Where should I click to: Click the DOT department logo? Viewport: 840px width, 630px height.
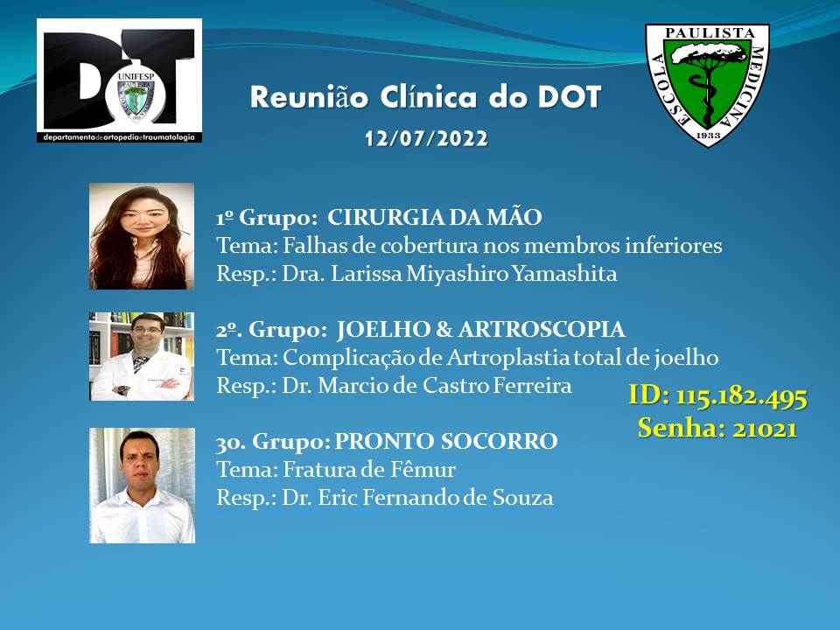pyautogui.click(x=120, y=80)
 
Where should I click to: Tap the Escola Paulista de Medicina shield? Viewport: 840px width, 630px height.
pyautogui.click(x=707, y=85)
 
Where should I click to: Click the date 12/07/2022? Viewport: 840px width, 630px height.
pyautogui.click(x=426, y=139)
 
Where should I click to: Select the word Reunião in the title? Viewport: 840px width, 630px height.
pyautogui.click(x=310, y=97)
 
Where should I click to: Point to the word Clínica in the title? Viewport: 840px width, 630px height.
pyautogui.click(x=429, y=97)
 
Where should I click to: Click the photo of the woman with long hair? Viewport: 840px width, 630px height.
pyautogui.click(x=142, y=236)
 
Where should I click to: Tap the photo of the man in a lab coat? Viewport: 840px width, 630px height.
pyautogui.click(x=142, y=356)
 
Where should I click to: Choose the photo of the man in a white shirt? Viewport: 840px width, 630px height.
pyautogui.click(x=142, y=486)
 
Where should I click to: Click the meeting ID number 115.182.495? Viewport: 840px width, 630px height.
pyautogui.click(x=741, y=397)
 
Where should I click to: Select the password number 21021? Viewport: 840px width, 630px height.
pyautogui.click(x=765, y=429)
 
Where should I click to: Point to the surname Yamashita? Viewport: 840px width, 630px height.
pyautogui.click(x=564, y=274)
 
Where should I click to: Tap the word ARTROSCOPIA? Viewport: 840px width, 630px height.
pyautogui.click(x=542, y=330)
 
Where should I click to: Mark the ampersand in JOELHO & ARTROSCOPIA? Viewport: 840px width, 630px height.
pyautogui.click(x=444, y=330)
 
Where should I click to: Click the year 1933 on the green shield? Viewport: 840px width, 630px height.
pyautogui.click(x=708, y=136)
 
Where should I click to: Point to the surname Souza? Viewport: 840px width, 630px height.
pyautogui.click(x=523, y=498)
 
